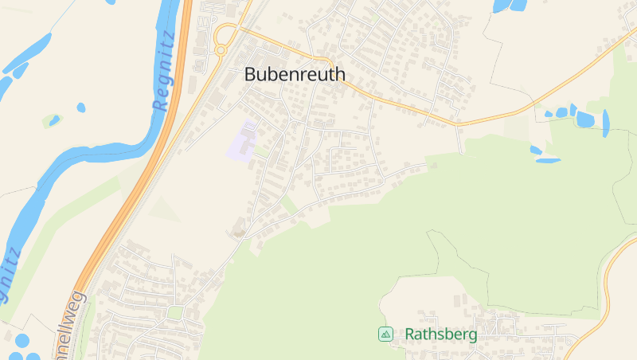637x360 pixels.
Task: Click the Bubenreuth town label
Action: (x=295, y=74)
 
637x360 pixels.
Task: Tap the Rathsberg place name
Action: (x=441, y=335)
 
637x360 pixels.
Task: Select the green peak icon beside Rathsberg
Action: (x=385, y=335)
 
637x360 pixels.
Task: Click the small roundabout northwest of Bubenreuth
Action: (x=221, y=50)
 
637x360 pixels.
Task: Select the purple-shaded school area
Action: (x=245, y=142)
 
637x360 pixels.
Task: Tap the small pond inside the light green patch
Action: (x=54, y=121)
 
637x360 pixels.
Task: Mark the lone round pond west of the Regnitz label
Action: (x=81, y=108)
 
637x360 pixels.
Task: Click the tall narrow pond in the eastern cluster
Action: (x=606, y=121)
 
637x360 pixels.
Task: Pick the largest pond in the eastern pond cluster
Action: (x=585, y=119)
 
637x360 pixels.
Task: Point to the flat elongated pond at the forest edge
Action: (x=547, y=160)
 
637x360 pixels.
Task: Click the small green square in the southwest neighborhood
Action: (x=175, y=312)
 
